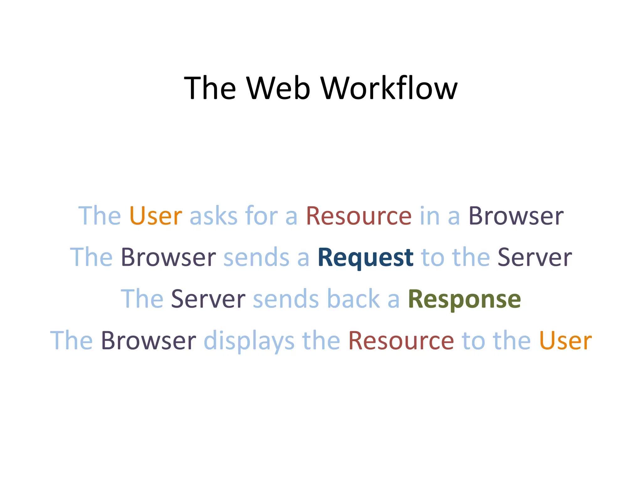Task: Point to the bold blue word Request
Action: pos(365,257)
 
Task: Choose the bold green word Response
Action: pos(464,299)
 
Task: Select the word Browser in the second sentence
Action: pos(168,257)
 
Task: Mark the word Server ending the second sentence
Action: pos(535,257)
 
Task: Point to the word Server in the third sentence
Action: pos(208,299)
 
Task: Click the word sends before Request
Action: pos(256,257)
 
